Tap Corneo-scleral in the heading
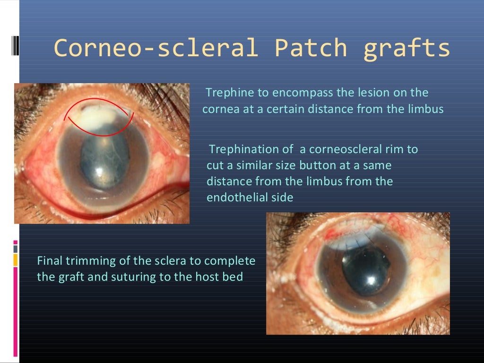(x=156, y=48)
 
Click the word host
(x=207, y=277)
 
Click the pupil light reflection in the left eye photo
(x=100, y=172)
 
